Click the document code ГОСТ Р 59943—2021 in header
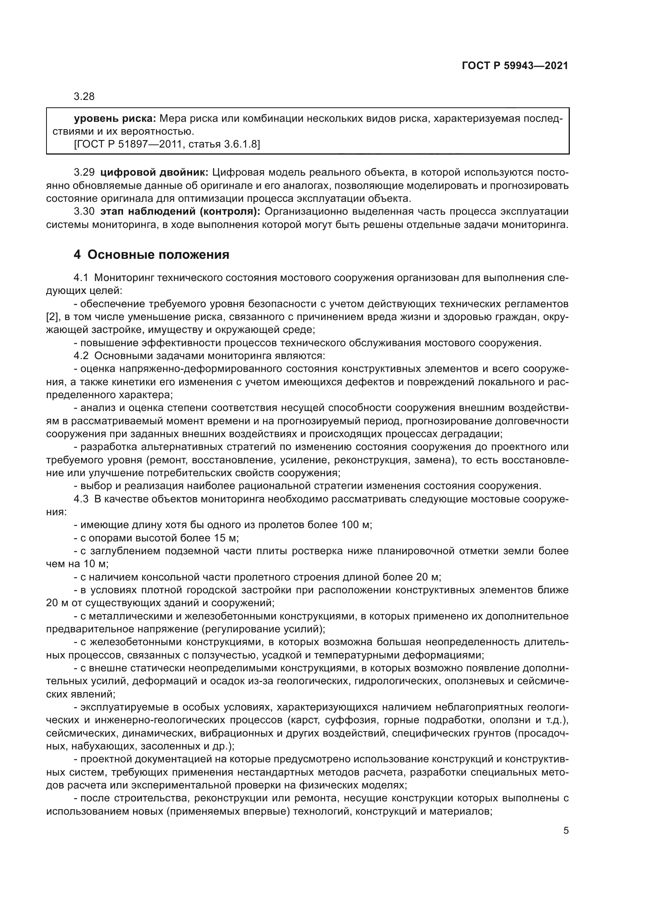(515, 66)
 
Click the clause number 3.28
(84, 97)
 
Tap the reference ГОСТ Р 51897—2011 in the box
(127, 144)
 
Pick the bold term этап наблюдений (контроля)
(180, 212)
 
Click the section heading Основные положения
(158, 255)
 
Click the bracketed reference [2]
(52, 317)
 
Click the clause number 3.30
(84, 212)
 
